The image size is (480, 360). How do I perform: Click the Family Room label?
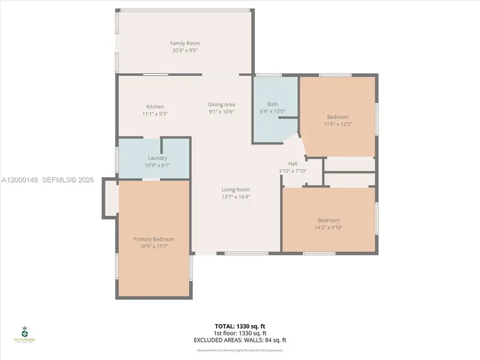click(x=185, y=43)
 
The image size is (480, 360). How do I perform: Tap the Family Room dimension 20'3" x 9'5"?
click(x=185, y=51)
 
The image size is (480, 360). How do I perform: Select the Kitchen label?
click(x=155, y=107)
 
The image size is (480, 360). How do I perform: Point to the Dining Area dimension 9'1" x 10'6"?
click(x=221, y=111)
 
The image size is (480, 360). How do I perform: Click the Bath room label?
click(x=273, y=105)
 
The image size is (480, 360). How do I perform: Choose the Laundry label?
click(x=157, y=158)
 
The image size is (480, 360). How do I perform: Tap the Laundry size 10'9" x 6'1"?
click(x=157, y=165)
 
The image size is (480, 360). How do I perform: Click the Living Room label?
click(x=236, y=189)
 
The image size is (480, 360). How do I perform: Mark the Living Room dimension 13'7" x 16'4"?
click(x=236, y=197)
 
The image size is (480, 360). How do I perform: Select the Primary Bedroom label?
click(x=154, y=239)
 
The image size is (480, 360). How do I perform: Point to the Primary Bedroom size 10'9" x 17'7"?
click(x=154, y=246)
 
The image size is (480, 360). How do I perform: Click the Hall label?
click(x=293, y=164)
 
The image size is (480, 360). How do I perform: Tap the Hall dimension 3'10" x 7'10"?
click(x=293, y=171)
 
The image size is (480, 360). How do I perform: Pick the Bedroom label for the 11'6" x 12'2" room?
click(x=338, y=117)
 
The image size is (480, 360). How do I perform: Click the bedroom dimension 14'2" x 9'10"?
click(x=329, y=227)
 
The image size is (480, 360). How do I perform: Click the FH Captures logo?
click(x=25, y=333)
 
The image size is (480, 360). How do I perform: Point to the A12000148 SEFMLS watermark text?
click(x=47, y=180)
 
